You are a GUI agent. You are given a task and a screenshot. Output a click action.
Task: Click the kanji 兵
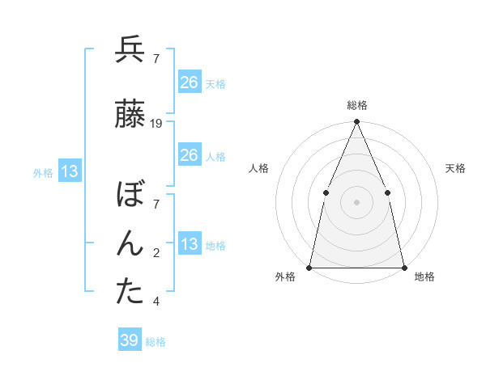pos(130,50)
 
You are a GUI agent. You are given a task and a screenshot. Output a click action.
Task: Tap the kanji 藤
pos(130,115)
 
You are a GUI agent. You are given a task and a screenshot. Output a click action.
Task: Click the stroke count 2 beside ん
pos(156,253)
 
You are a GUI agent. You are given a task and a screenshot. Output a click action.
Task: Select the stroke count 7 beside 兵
pos(156,59)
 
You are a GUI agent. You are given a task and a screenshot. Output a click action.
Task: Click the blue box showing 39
pos(130,340)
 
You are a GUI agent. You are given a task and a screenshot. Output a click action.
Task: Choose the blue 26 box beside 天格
pos(189,82)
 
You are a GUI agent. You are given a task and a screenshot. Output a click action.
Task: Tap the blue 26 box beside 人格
pos(189,155)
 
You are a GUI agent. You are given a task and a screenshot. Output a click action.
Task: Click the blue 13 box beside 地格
pos(189,244)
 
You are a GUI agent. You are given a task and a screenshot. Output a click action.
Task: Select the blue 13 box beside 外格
pos(68,171)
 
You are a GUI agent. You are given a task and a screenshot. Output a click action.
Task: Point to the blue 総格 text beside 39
pos(156,342)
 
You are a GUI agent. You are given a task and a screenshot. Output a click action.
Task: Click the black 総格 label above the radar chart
pos(356,105)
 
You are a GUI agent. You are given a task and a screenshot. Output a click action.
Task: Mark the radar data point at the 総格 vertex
pos(356,122)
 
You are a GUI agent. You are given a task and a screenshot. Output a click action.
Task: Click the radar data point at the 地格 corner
pos(403,267)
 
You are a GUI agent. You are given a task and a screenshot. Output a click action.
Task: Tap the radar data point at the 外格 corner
pos(309,267)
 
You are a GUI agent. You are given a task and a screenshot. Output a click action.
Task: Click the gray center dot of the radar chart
pos(356,201)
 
